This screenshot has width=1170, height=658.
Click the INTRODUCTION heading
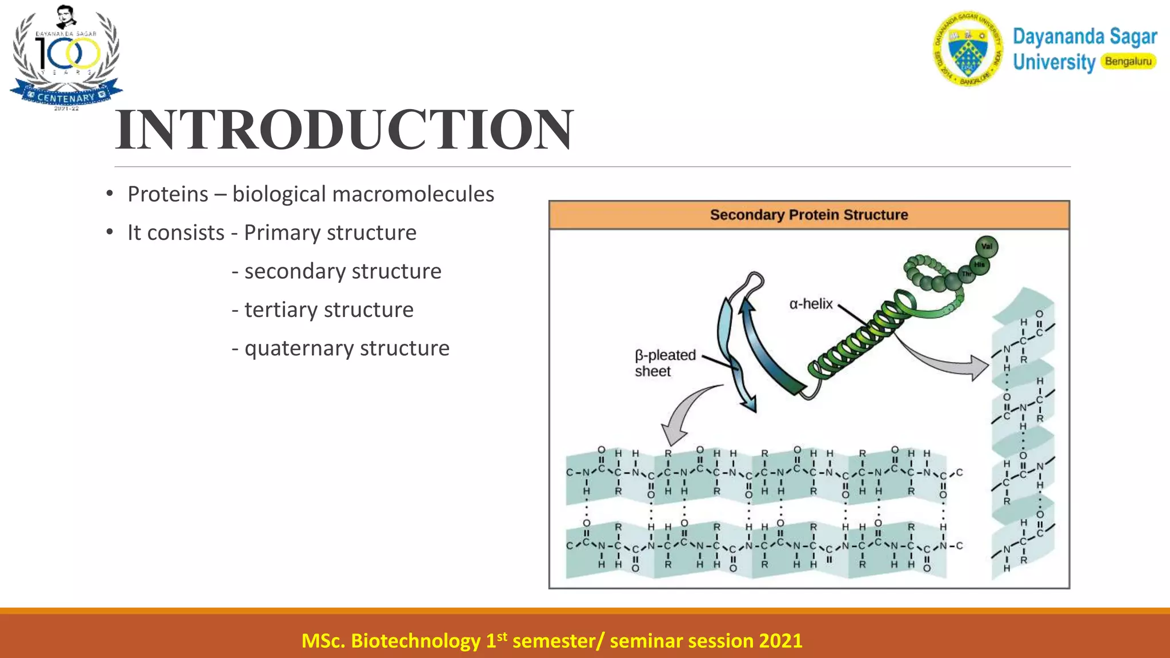point(344,130)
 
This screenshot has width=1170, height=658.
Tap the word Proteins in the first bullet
point(167,194)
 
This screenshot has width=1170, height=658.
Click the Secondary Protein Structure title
point(808,215)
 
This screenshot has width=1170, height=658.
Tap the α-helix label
point(811,304)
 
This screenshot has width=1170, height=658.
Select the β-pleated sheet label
point(664,363)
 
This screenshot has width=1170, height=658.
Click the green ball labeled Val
point(987,247)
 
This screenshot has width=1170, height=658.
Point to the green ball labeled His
point(979,265)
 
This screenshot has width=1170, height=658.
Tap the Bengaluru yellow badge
point(1128,62)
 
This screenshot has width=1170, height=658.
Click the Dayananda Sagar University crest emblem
point(967,49)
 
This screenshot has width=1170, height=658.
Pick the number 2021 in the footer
point(780,641)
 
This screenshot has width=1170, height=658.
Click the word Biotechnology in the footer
point(415,641)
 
